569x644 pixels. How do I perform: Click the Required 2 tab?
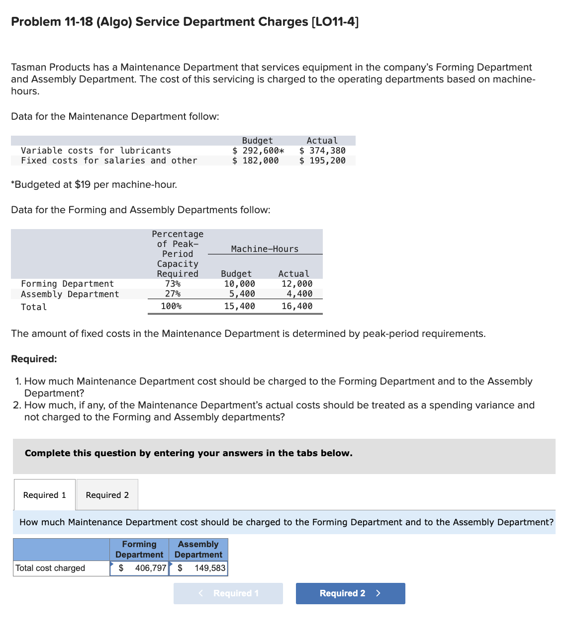(107, 495)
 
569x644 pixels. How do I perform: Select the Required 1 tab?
(45, 495)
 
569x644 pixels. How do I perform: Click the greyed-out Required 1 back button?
(228, 593)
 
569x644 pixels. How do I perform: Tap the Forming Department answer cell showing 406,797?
(139, 568)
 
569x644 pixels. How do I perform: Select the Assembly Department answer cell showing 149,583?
(198, 568)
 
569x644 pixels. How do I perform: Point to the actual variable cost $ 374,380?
(322, 151)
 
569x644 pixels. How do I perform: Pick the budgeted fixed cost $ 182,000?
(256, 161)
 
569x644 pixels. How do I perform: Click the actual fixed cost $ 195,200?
(322, 161)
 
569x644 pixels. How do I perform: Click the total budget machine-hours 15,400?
(239, 306)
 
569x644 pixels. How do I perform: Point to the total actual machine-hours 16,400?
(297, 306)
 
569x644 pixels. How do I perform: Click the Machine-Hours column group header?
(265, 249)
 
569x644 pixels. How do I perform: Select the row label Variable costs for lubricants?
(96, 151)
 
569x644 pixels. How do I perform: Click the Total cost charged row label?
(50, 568)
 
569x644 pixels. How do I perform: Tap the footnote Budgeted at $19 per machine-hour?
(94, 184)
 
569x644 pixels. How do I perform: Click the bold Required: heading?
(34, 359)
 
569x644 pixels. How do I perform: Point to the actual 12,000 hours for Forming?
(297, 284)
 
